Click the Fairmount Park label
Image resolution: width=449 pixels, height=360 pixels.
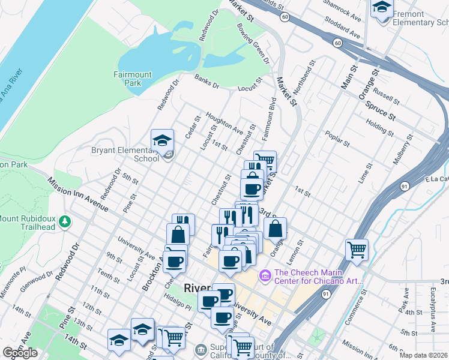click(133, 79)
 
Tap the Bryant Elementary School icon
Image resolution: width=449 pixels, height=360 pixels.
click(162, 141)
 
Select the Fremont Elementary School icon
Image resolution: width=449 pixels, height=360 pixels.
click(382, 8)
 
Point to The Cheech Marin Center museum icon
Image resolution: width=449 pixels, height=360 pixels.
click(264, 276)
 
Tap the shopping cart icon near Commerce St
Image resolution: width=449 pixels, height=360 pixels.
click(357, 250)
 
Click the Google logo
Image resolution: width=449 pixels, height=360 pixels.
click(20, 353)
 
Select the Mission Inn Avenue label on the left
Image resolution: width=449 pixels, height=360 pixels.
click(78, 194)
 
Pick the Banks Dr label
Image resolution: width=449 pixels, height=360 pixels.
click(208, 82)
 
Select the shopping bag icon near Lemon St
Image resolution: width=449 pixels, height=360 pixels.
click(275, 229)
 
